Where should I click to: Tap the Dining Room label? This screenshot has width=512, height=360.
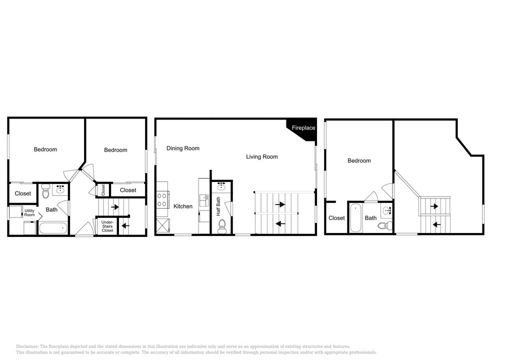[x=183, y=148]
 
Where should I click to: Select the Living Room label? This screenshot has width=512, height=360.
[x=262, y=157]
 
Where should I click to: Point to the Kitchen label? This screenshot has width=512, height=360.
[x=183, y=206]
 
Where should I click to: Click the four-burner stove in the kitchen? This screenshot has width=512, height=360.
[x=162, y=199]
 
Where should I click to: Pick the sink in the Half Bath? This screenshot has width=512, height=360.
[x=222, y=186]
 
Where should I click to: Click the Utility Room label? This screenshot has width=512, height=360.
[x=29, y=212]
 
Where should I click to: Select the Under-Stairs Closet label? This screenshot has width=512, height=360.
[x=107, y=226]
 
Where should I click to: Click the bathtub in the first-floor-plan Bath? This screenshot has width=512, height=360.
[x=53, y=227]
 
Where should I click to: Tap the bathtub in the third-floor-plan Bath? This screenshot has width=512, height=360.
[x=355, y=218]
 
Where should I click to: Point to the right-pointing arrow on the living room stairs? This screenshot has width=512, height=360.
[x=280, y=204]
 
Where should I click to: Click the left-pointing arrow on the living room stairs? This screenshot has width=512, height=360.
[x=280, y=224]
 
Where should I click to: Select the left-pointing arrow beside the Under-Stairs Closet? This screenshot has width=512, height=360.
[x=125, y=225]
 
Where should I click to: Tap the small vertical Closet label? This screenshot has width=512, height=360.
[x=103, y=190]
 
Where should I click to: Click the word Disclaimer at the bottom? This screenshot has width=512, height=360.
[x=27, y=346]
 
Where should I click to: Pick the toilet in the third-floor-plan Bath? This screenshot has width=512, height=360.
[x=385, y=225]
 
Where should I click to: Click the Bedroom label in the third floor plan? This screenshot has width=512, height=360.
[x=359, y=160]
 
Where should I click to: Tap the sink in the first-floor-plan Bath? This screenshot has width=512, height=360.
[x=60, y=189]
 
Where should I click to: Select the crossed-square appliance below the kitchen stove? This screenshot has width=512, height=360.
[x=163, y=225]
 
